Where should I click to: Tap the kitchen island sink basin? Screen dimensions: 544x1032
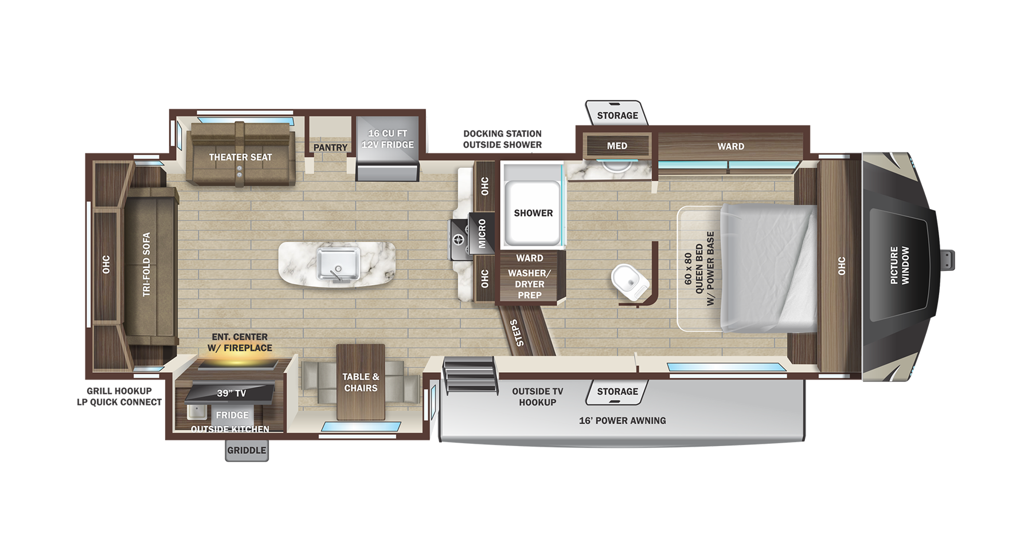click(x=338, y=264)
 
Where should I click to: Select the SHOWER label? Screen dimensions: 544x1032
click(x=533, y=213)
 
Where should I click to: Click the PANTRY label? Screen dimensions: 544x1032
click(x=330, y=148)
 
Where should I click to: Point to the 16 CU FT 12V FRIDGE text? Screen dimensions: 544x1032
click(x=388, y=139)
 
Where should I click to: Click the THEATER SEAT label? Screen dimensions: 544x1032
click(x=240, y=157)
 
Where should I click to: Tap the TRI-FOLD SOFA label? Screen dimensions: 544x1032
click(x=147, y=264)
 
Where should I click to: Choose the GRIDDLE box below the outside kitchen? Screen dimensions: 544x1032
click(x=247, y=450)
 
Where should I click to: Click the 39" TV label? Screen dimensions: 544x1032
click(x=231, y=393)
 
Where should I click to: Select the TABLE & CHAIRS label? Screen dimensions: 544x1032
click(x=361, y=383)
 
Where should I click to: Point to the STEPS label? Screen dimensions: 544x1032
click(x=517, y=333)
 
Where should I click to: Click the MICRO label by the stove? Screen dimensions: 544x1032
click(x=482, y=233)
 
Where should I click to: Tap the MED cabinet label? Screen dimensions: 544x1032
click(x=617, y=146)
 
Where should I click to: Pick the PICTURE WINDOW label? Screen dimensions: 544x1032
click(x=899, y=265)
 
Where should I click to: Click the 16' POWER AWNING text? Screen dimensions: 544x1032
click(x=622, y=420)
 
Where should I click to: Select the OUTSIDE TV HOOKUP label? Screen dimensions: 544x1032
click(x=537, y=397)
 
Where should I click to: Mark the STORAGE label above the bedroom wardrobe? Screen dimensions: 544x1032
click(x=617, y=116)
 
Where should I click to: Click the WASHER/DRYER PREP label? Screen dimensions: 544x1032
click(x=529, y=284)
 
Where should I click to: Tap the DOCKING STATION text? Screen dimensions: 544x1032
click(x=502, y=133)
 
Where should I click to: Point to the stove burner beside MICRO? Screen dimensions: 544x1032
click(x=459, y=240)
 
